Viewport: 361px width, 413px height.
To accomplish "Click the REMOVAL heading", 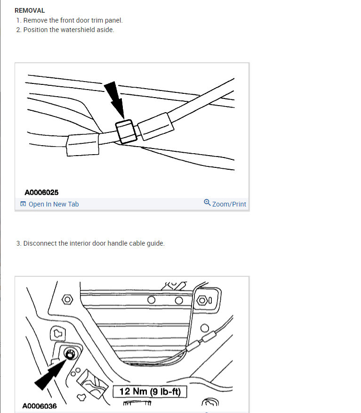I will pyautogui.click(x=30, y=10).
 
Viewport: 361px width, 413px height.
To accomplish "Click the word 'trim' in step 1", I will pyautogui.click(x=92, y=20).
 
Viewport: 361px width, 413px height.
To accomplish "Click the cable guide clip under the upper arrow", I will pyautogui.click(x=126, y=131).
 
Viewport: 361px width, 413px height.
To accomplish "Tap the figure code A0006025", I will pyautogui.click(x=41, y=192).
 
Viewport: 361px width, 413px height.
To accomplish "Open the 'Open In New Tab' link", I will pyautogui.click(x=53, y=204).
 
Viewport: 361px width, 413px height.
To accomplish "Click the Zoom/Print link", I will pyautogui.click(x=229, y=204).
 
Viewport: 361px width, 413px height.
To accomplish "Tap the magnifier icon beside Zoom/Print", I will pyautogui.click(x=207, y=203).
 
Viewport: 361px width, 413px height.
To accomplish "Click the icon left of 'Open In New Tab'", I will pyautogui.click(x=23, y=204).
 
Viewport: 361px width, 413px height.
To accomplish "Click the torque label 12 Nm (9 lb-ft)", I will pyautogui.click(x=150, y=392).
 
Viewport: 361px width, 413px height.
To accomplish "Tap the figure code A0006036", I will pyautogui.click(x=40, y=406).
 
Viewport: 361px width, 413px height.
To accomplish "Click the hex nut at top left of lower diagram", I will pyautogui.click(x=67, y=299).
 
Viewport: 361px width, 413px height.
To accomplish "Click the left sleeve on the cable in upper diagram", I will pyautogui.click(x=83, y=144).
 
